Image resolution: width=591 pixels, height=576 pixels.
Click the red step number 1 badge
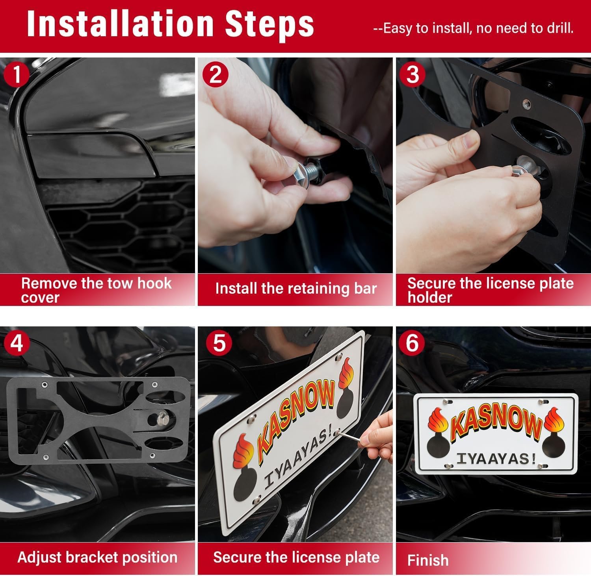pyautogui.click(x=17, y=74)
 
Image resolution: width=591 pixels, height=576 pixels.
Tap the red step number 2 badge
pyautogui.click(x=216, y=74)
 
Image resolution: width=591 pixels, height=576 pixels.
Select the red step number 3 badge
pyautogui.click(x=413, y=74)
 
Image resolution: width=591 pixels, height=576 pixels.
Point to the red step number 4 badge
pyautogui.click(x=16, y=343)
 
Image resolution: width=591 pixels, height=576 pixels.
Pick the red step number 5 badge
pyautogui.click(x=219, y=343)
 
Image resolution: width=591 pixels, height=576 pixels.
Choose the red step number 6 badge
pyautogui.click(x=412, y=343)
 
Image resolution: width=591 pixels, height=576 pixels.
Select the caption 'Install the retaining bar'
pyautogui.click(x=296, y=289)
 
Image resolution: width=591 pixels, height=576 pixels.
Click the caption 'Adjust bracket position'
pyautogui.click(x=97, y=557)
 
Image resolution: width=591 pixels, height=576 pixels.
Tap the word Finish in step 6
pyautogui.click(x=428, y=560)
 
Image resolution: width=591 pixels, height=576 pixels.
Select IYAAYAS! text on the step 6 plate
pyautogui.click(x=496, y=459)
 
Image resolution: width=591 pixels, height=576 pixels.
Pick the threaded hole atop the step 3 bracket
pyautogui.click(x=524, y=103)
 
